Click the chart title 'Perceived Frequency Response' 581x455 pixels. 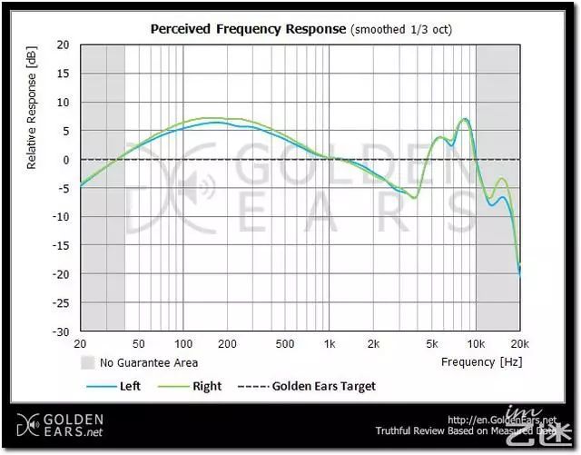click(x=247, y=28)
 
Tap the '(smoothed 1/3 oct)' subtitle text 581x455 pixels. click(x=401, y=29)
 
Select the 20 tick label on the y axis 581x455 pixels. click(x=63, y=45)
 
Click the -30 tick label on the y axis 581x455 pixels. click(x=61, y=331)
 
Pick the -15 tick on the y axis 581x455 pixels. click(x=61, y=245)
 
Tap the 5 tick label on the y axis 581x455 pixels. click(x=65, y=131)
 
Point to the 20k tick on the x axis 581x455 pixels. click(x=519, y=345)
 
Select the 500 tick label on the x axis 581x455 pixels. click(x=285, y=345)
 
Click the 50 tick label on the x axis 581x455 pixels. click(x=139, y=345)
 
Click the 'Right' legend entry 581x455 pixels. click(x=206, y=386)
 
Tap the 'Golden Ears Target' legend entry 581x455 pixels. click(x=323, y=386)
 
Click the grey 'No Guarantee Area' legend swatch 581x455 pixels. click(x=87, y=362)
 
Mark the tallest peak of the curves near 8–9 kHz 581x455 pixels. click(x=464, y=119)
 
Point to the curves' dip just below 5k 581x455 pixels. click(x=414, y=197)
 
